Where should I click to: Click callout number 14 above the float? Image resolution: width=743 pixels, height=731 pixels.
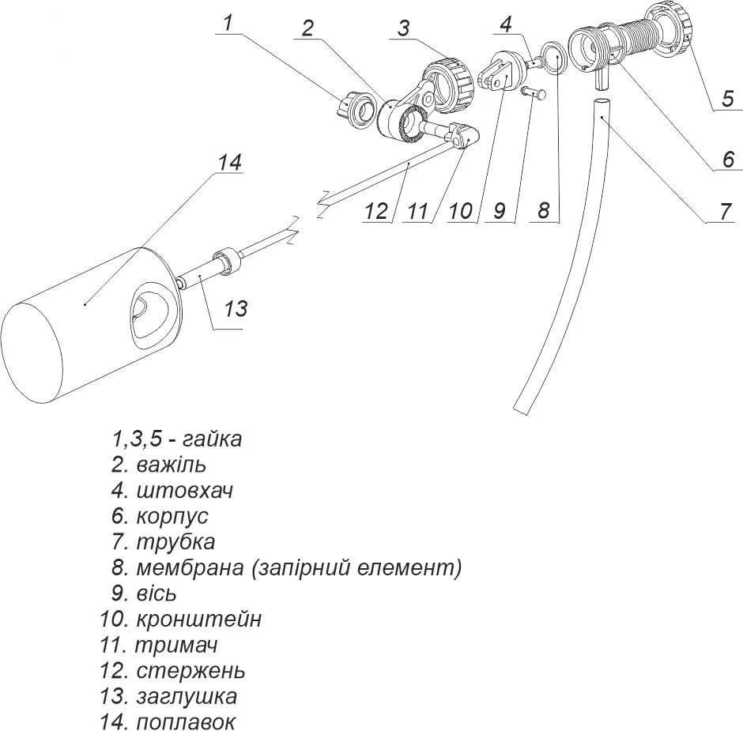click(x=229, y=162)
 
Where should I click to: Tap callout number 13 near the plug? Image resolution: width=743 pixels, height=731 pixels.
click(x=236, y=308)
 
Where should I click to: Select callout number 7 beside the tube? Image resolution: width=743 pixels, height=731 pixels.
click(x=726, y=211)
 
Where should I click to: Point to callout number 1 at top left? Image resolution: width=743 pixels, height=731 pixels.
click(x=228, y=22)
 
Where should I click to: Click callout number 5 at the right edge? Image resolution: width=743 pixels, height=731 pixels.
click(x=728, y=99)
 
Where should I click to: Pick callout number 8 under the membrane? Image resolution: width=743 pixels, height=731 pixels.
click(x=544, y=210)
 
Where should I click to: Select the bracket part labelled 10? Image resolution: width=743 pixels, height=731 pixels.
click(x=496, y=70)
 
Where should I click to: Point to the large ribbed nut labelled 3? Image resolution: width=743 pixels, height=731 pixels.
click(x=448, y=85)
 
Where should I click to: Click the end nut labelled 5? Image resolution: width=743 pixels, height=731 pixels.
click(x=669, y=28)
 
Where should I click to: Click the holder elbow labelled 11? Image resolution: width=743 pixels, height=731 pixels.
click(x=462, y=135)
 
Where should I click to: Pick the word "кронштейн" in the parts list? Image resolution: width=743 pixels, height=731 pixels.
click(x=199, y=619)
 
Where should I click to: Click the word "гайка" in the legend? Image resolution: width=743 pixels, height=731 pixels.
click(x=212, y=439)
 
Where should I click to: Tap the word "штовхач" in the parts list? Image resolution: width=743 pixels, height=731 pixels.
click(x=185, y=490)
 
